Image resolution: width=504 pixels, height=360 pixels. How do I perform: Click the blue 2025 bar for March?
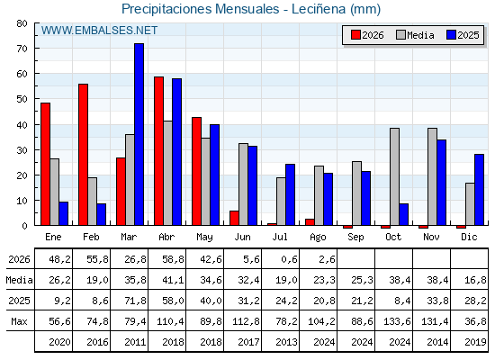[139, 134]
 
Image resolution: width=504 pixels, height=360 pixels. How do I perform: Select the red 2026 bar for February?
[83, 155]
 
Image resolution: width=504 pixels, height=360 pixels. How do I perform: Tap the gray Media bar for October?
[395, 176]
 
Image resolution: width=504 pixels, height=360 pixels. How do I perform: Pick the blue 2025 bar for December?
[479, 190]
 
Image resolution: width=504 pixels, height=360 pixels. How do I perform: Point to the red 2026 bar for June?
[234, 218]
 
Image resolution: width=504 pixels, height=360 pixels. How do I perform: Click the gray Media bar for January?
[55, 192]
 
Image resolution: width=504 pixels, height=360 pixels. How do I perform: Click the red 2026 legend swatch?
[355, 35]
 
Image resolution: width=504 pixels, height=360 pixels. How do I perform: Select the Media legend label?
[421, 35]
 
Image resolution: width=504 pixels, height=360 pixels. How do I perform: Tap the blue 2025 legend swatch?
[451, 35]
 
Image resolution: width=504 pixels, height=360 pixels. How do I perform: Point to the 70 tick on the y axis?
[22, 49]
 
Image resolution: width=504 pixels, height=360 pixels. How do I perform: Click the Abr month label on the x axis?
[166, 238]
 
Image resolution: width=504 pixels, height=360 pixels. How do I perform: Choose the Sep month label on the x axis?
[355, 238]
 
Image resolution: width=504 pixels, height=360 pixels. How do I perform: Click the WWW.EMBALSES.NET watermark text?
[99, 31]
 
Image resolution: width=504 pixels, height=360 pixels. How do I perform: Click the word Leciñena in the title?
[319, 9]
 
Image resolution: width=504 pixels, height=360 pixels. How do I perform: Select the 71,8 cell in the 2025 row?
[135, 301]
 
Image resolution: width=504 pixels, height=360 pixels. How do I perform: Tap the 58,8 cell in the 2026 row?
[173, 259]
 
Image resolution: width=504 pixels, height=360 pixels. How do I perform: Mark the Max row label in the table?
[19, 321]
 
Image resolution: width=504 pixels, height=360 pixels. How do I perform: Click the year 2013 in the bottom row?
[286, 342]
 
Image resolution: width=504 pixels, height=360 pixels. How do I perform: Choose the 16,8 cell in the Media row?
[475, 280]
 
